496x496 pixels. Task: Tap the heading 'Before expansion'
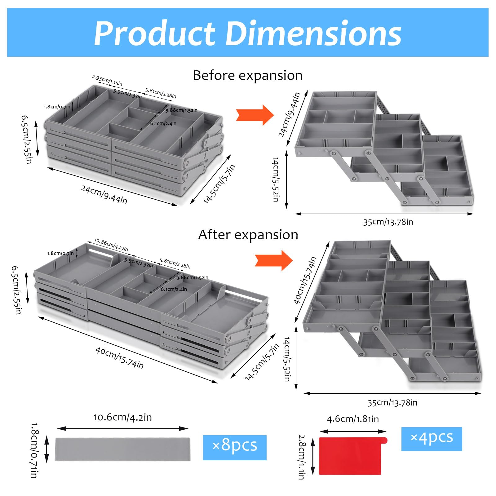pos(248,75)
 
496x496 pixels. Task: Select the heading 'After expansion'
pos(248,235)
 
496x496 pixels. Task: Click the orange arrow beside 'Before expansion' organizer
pos(255,115)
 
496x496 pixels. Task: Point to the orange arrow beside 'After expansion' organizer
pos(274,260)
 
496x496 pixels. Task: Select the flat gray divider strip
pos(123,449)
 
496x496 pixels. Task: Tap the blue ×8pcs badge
pos(235,447)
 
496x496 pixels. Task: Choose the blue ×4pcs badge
pos(432,439)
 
